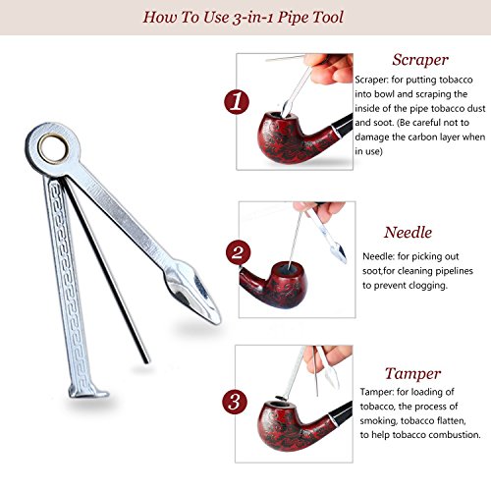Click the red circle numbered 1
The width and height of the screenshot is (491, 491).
(x=237, y=101)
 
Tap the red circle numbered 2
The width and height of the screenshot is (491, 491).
(x=238, y=252)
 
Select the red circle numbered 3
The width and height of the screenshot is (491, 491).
(x=235, y=402)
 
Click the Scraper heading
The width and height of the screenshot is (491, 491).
(x=420, y=60)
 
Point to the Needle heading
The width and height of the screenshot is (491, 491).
(x=408, y=233)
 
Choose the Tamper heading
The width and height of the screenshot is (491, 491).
(x=412, y=374)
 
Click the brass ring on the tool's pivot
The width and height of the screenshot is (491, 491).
(x=53, y=148)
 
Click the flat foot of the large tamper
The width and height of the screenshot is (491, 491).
(x=87, y=392)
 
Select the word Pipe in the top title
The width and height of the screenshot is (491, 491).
(x=293, y=18)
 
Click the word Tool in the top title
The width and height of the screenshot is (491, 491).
(x=327, y=17)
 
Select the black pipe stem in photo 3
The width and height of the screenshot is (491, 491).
(x=341, y=415)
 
